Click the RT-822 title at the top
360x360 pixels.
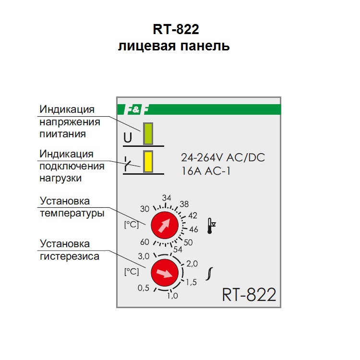(x=176, y=30)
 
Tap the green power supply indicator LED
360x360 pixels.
(x=148, y=134)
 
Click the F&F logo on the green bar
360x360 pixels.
(x=137, y=109)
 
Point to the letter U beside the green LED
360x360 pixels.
(x=128, y=138)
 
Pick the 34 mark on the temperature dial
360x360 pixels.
(x=167, y=198)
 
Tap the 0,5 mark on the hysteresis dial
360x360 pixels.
(x=144, y=288)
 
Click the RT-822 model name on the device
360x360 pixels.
(x=249, y=294)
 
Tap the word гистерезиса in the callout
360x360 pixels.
(x=69, y=256)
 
